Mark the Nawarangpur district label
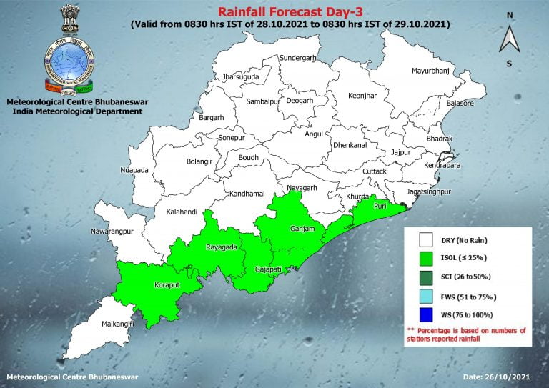pos(113,232)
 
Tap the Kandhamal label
pos(247,194)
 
